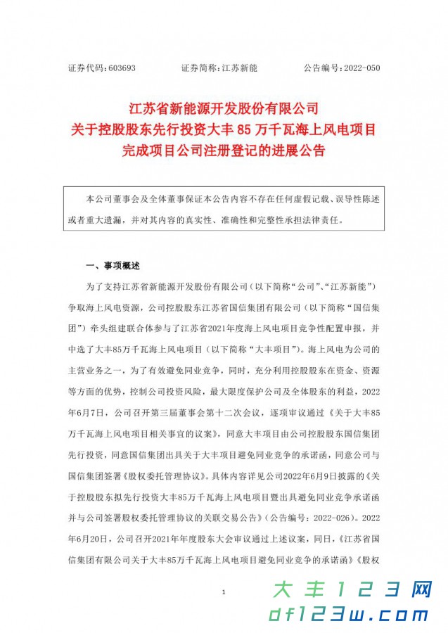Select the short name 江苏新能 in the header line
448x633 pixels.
click(240, 68)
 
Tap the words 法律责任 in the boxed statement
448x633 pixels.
click(324, 219)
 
